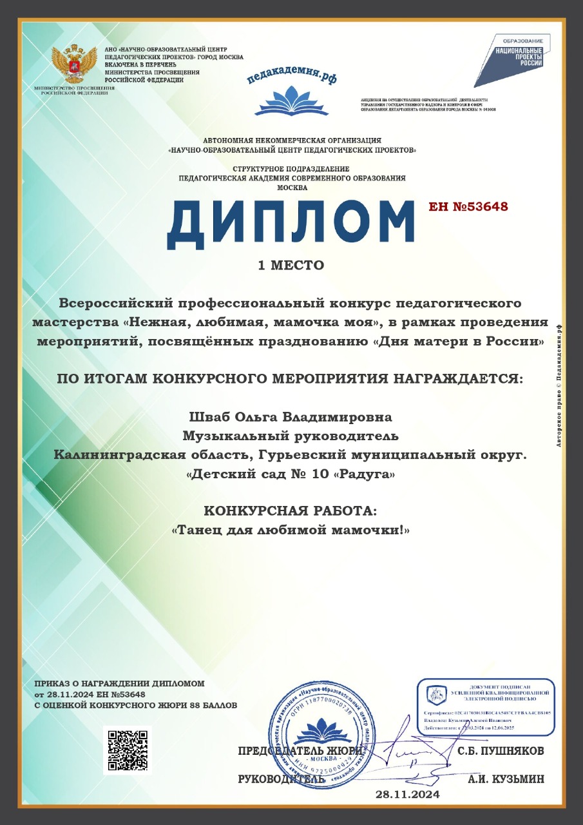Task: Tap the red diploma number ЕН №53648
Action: coord(468,207)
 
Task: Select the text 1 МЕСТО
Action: coord(291,265)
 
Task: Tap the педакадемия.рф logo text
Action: coord(291,76)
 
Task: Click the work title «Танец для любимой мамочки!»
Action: coord(291,530)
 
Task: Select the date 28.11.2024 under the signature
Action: coord(408,795)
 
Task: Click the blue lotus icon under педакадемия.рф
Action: coord(291,101)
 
